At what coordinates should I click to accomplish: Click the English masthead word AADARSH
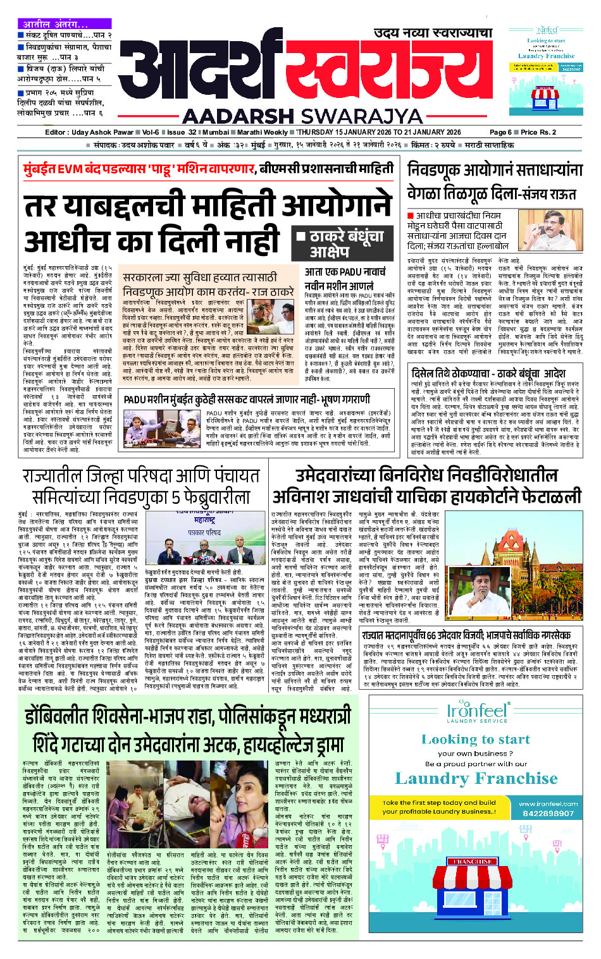[x=238, y=116]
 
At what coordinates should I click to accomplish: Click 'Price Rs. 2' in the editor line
[x=538, y=132]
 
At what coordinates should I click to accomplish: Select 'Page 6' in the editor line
[x=500, y=132]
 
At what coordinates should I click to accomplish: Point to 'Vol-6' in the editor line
[x=150, y=132]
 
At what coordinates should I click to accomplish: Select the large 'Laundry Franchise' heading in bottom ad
[x=476, y=778]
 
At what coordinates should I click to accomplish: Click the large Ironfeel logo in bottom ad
[x=476, y=712]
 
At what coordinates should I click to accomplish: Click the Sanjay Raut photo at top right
[x=550, y=231]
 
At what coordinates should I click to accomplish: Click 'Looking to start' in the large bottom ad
[x=476, y=740]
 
